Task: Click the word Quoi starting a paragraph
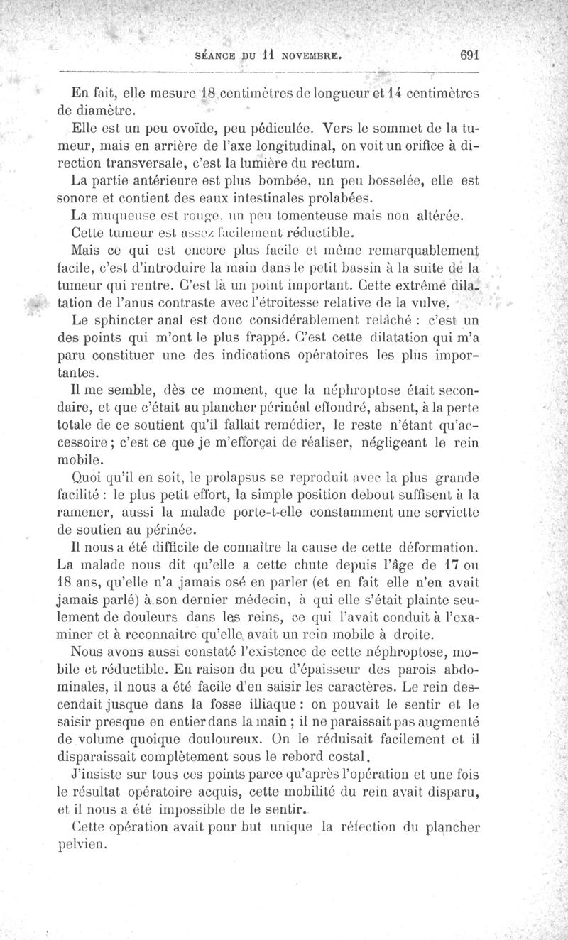(x=87, y=476)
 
